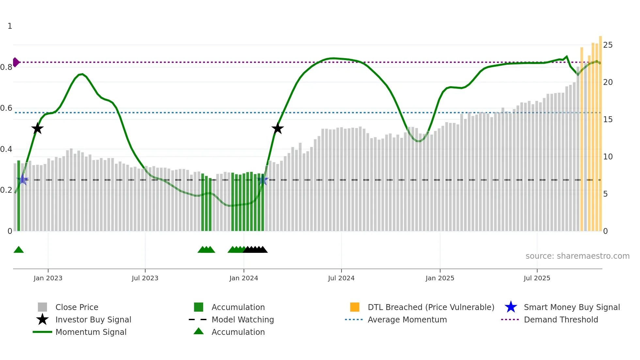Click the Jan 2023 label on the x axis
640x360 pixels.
[48, 278]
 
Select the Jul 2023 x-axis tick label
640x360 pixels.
[145, 278]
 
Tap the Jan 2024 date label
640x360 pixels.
[244, 278]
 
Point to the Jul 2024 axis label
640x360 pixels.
[341, 278]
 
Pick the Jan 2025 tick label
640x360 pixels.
[440, 278]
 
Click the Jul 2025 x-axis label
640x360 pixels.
[537, 278]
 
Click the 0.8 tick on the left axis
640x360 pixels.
[6, 67]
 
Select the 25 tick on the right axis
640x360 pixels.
[608, 45]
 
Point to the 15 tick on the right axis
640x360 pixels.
[608, 120]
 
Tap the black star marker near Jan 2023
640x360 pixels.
[38, 128]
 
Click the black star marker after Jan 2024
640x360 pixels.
[278, 128]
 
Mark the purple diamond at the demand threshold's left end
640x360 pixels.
[16, 62]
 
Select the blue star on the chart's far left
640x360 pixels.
[23, 180]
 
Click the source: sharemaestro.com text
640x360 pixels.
[577, 256]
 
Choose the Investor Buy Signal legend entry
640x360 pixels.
[93, 319]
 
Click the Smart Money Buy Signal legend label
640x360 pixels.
[572, 307]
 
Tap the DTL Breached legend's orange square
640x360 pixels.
[355, 307]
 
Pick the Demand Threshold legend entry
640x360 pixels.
[561, 319]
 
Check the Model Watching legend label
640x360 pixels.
[243, 319]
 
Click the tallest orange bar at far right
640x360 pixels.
[600, 134]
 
